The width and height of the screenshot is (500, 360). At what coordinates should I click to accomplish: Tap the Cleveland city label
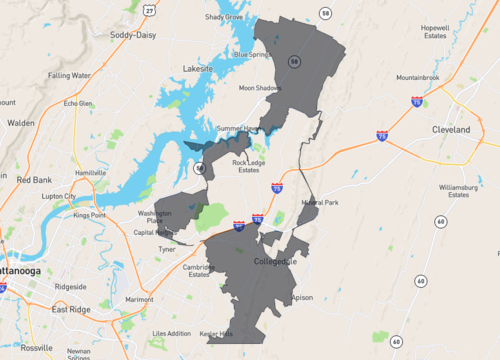tap(451, 130)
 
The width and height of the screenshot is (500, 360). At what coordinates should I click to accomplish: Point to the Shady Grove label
tap(224, 17)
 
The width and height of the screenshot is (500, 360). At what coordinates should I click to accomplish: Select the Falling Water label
tap(69, 75)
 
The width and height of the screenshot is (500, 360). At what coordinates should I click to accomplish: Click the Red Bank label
tap(35, 179)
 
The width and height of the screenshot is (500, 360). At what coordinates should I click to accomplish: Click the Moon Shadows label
tap(260, 88)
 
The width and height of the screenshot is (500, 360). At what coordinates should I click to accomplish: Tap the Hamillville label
tap(90, 173)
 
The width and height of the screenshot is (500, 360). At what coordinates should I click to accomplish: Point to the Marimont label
tap(140, 299)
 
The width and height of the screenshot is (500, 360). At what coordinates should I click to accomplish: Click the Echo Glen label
tap(78, 103)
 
